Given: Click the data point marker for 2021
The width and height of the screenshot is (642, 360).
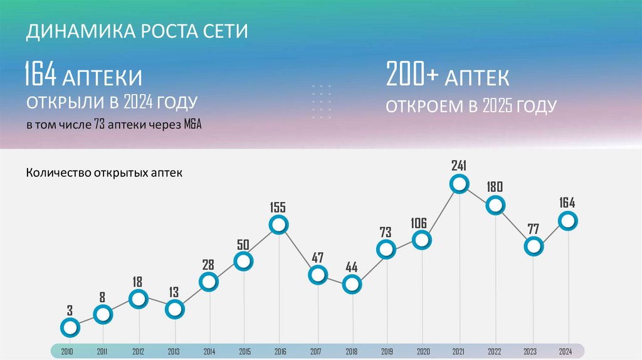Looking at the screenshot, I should (460, 184).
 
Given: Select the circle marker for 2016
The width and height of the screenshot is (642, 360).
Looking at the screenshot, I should (278, 225).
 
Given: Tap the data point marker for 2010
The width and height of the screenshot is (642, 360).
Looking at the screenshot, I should (70, 327).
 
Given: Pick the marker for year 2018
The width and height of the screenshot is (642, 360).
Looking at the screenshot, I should (352, 284).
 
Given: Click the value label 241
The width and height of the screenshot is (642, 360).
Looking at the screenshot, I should (460, 166).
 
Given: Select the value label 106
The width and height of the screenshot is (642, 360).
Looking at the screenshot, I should (419, 222).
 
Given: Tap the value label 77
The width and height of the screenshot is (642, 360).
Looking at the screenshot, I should (534, 228).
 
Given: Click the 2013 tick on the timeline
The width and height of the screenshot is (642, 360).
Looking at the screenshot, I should (174, 351).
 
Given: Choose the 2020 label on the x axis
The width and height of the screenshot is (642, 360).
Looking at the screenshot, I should (423, 351).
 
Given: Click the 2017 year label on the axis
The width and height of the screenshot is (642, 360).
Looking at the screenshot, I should (316, 351).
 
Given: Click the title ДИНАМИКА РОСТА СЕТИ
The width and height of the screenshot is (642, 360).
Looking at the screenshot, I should (137, 31).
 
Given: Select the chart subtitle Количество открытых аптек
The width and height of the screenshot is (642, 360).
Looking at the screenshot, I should (104, 172).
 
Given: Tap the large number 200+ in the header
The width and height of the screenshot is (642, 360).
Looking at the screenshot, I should (413, 75).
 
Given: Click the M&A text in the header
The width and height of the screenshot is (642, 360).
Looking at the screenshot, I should (192, 125).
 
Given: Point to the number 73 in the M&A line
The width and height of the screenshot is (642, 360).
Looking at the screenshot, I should (99, 125).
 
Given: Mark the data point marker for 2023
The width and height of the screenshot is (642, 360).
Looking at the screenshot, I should (534, 246).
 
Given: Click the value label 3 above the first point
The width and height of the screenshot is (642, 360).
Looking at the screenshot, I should (70, 310).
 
